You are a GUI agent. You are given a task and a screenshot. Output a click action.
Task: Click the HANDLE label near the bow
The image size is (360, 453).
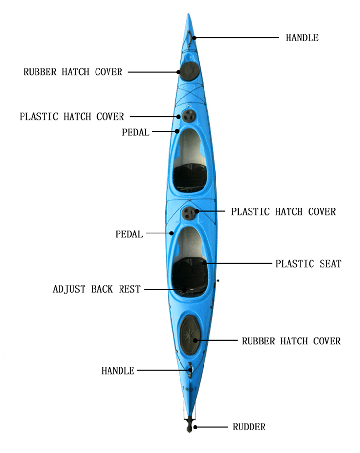pyautogui.click(x=302, y=38)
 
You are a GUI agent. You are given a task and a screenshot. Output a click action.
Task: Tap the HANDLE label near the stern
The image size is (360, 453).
pyautogui.click(x=118, y=371)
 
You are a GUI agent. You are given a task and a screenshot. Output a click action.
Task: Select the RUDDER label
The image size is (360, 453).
pyautogui.click(x=249, y=427)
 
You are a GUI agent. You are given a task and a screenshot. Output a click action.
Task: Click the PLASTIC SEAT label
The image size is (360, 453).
pyautogui.click(x=308, y=264)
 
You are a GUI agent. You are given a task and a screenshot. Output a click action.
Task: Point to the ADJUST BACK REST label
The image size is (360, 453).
pyautogui.click(x=96, y=289)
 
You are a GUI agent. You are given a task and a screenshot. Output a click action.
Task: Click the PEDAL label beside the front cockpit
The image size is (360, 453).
pyautogui.click(x=136, y=133)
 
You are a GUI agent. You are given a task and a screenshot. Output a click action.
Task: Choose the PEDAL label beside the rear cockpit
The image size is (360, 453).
pyautogui.click(x=129, y=234)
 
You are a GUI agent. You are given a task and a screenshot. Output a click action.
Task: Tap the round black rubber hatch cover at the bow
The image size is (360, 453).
pyautogui.click(x=190, y=71)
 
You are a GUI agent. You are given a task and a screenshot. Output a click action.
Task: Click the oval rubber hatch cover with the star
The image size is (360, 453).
pyautogui.click(x=190, y=335)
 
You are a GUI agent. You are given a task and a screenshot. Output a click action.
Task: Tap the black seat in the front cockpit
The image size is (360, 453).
pyautogui.click(x=190, y=177)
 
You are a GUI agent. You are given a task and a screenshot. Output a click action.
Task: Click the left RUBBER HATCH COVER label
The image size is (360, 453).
pyautogui.click(x=73, y=72)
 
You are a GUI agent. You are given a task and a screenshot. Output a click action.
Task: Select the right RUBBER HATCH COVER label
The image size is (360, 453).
pyautogui.click(x=291, y=341)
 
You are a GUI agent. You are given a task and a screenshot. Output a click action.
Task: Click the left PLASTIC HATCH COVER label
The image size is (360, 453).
pyautogui.click(x=72, y=117)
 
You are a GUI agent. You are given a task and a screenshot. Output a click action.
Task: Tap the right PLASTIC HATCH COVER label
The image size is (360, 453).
pyautogui.click(x=283, y=212)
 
